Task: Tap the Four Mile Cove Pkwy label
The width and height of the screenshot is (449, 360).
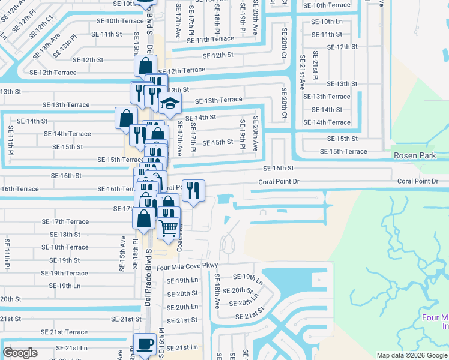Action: point(187,266)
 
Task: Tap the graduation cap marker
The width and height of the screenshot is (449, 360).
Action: point(170,103)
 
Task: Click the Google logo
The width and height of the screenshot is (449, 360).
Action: point(20,353)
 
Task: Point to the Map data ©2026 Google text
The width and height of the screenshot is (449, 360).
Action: point(411,355)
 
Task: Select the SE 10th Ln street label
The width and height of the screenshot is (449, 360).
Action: point(327,22)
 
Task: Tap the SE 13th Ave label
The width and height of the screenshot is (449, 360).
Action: point(46,46)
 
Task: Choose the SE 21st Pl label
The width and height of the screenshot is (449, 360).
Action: point(315,70)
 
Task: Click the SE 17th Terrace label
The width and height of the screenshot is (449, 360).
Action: point(65,221)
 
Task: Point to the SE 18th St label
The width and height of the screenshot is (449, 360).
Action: point(65,235)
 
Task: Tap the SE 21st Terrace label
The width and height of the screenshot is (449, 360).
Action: point(64,332)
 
